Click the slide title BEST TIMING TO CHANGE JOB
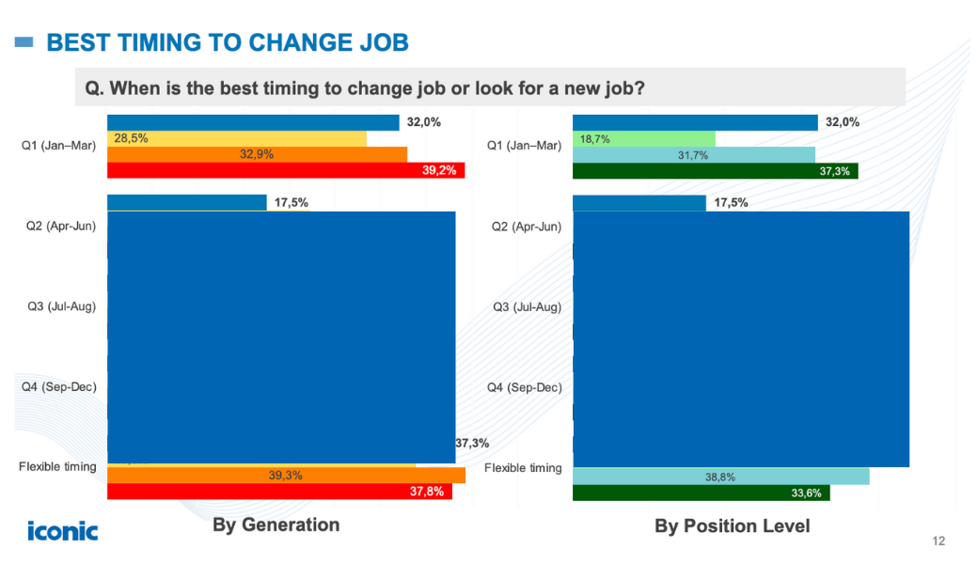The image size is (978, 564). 227,42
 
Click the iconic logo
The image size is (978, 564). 62,530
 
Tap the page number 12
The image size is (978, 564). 938,540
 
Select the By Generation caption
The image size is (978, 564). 276,525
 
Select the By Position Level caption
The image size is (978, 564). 732,525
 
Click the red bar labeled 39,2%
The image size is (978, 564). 286,170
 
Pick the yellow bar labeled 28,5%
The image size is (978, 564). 236,138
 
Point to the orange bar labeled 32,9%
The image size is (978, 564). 257,154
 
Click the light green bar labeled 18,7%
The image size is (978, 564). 643,138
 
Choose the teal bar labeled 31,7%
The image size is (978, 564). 693,155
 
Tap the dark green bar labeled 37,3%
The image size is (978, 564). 715,170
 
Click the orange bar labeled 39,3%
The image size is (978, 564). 286,476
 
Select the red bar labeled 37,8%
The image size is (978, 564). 279,492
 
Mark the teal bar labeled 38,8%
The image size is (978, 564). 720,477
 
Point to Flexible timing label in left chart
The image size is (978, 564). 57,466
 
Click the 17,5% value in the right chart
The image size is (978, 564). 731,202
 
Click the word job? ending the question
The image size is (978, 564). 622,87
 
